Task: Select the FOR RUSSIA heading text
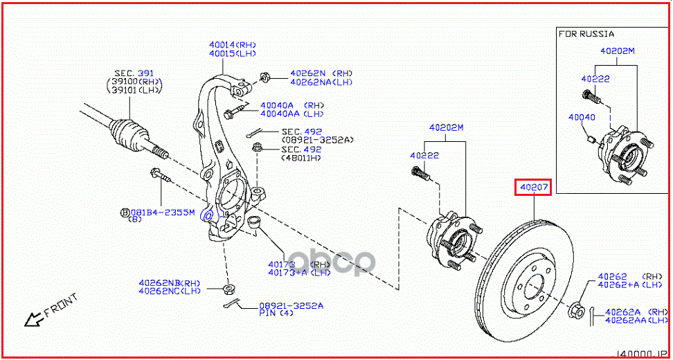point(586,33)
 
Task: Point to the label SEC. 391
point(134,73)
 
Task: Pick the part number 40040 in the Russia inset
point(582,118)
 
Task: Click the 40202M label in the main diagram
point(446,127)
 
